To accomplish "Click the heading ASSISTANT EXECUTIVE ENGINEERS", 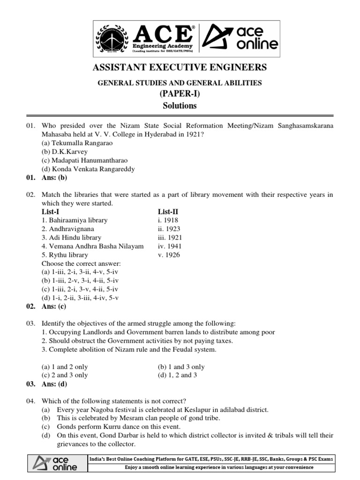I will [x=180, y=67].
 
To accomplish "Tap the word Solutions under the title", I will [x=180, y=105].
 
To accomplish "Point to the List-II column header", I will [x=168, y=212].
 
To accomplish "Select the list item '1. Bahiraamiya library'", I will [x=75, y=220].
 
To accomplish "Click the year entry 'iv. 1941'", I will [x=170, y=246].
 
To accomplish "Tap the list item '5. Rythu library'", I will [x=65, y=255].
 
